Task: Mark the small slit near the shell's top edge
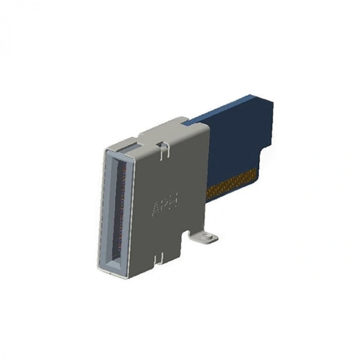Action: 164,151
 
